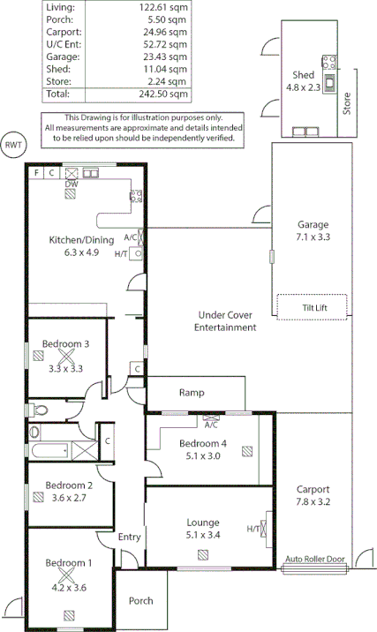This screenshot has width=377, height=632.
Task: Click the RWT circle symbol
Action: click(x=13, y=145)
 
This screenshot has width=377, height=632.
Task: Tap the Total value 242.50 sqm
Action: click(x=166, y=94)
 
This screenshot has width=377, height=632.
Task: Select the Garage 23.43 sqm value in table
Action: click(x=166, y=56)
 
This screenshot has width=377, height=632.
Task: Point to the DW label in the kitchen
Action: click(x=72, y=184)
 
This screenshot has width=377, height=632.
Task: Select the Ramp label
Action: click(x=192, y=393)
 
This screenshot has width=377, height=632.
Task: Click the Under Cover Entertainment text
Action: click(x=224, y=321)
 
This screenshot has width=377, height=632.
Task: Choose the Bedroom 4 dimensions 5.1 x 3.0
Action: click(x=204, y=455)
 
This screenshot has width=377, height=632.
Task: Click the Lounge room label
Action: click(x=204, y=522)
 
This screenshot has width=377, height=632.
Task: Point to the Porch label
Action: click(x=140, y=601)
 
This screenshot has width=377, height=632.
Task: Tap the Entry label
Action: click(x=130, y=536)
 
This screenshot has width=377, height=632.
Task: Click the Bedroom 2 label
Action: click(x=69, y=485)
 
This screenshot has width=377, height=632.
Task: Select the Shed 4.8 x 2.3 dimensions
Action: click(x=302, y=88)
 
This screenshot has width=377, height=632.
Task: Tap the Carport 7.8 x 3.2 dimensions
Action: click(x=313, y=501)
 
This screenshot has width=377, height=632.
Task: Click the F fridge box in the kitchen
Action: click(x=36, y=173)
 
